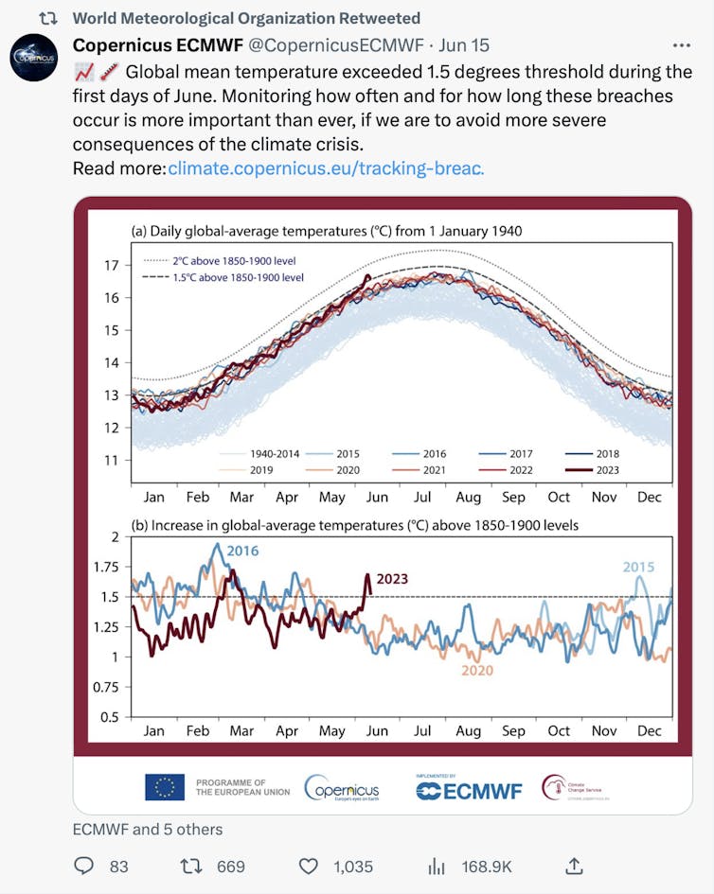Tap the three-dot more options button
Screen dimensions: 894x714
coord(681,45)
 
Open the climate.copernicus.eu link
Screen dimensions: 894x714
coord(326,168)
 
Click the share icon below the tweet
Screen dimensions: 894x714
coord(574,865)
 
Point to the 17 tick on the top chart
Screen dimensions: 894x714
coord(112,266)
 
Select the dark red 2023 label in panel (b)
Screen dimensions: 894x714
coord(398,579)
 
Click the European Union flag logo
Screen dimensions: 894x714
coord(165,787)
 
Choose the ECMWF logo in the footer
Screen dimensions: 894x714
coord(469,789)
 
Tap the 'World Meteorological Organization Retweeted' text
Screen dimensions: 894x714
coord(246,18)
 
